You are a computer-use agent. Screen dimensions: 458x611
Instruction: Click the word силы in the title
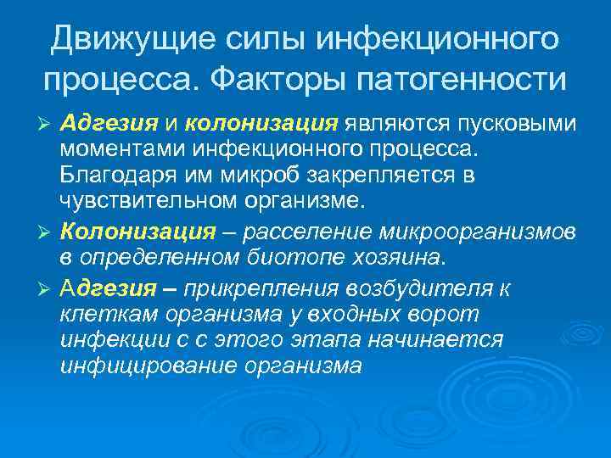[261, 38]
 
